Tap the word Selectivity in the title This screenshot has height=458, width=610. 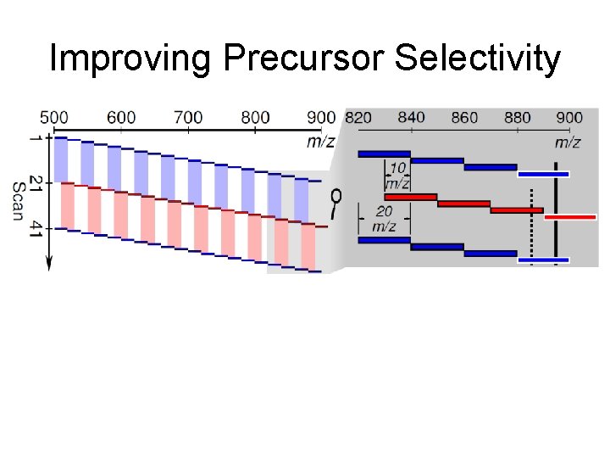click(x=478, y=59)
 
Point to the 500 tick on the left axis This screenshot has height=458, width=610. click(x=54, y=117)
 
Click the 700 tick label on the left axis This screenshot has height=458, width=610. click(x=187, y=117)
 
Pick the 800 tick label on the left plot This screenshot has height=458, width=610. click(x=254, y=117)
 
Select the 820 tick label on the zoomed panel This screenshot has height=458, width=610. click(x=358, y=117)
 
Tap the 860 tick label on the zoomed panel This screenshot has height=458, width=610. click(x=464, y=117)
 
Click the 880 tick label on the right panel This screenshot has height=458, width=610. click(x=517, y=117)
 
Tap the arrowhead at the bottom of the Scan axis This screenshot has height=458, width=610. click(x=48, y=264)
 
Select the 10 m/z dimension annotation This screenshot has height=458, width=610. click(x=396, y=176)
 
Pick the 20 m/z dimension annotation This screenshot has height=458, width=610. click(x=383, y=219)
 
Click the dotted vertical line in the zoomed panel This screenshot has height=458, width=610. click(x=531, y=233)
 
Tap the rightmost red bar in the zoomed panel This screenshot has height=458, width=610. click(x=569, y=217)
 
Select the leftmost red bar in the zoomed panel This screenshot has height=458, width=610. click(x=410, y=197)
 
